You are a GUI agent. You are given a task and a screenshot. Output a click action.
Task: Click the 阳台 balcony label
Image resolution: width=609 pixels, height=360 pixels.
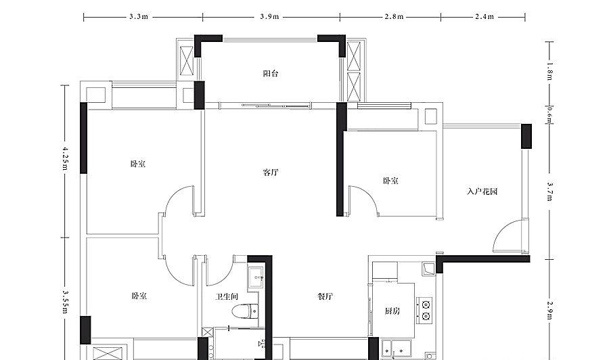[x=271, y=73]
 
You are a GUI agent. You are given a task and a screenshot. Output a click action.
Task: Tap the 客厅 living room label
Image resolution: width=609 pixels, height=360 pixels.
[x=271, y=172]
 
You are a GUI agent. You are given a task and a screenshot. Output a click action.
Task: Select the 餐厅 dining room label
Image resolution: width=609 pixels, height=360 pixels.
[x=325, y=296]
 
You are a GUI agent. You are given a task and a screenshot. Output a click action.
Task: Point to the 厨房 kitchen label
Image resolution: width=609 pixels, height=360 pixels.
[x=392, y=311]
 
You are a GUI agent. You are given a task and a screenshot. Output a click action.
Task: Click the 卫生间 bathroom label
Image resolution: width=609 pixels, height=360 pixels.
[x=227, y=297]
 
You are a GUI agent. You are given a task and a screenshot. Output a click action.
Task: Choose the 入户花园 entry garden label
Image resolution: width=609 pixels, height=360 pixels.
[x=482, y=192]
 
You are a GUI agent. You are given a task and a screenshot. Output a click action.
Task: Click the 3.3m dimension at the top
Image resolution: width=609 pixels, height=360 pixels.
[x=139, y=17]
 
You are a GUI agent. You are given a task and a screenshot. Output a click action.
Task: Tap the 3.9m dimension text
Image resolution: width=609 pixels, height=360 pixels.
[x=269, y=17]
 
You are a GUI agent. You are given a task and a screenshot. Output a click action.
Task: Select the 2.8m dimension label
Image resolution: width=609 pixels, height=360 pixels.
[x=394, y=17]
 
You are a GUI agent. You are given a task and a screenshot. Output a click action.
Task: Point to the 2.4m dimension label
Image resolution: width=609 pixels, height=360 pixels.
[x=484, y=17]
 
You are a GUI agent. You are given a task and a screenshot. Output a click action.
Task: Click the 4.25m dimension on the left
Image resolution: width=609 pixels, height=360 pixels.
[x=65, y=158]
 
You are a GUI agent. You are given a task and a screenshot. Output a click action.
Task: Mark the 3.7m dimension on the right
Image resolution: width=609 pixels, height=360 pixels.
[x=550, y=192]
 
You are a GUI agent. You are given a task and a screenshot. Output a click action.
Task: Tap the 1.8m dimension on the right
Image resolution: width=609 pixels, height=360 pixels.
[x=550, y=71]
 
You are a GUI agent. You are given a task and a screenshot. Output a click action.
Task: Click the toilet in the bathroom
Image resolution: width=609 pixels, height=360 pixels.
[x=245, y=311]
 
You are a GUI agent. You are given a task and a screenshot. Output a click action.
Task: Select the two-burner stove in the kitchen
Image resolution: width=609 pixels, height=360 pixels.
[x=425, y=311]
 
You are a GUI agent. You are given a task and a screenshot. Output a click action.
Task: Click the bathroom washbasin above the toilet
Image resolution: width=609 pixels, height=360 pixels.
[x=256, y=277]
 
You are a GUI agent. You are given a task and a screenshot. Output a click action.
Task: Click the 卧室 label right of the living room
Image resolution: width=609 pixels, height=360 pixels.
[x=390, y=181]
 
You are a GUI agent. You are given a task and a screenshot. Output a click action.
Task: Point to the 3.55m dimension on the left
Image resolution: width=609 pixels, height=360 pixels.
[x=65, y=302]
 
